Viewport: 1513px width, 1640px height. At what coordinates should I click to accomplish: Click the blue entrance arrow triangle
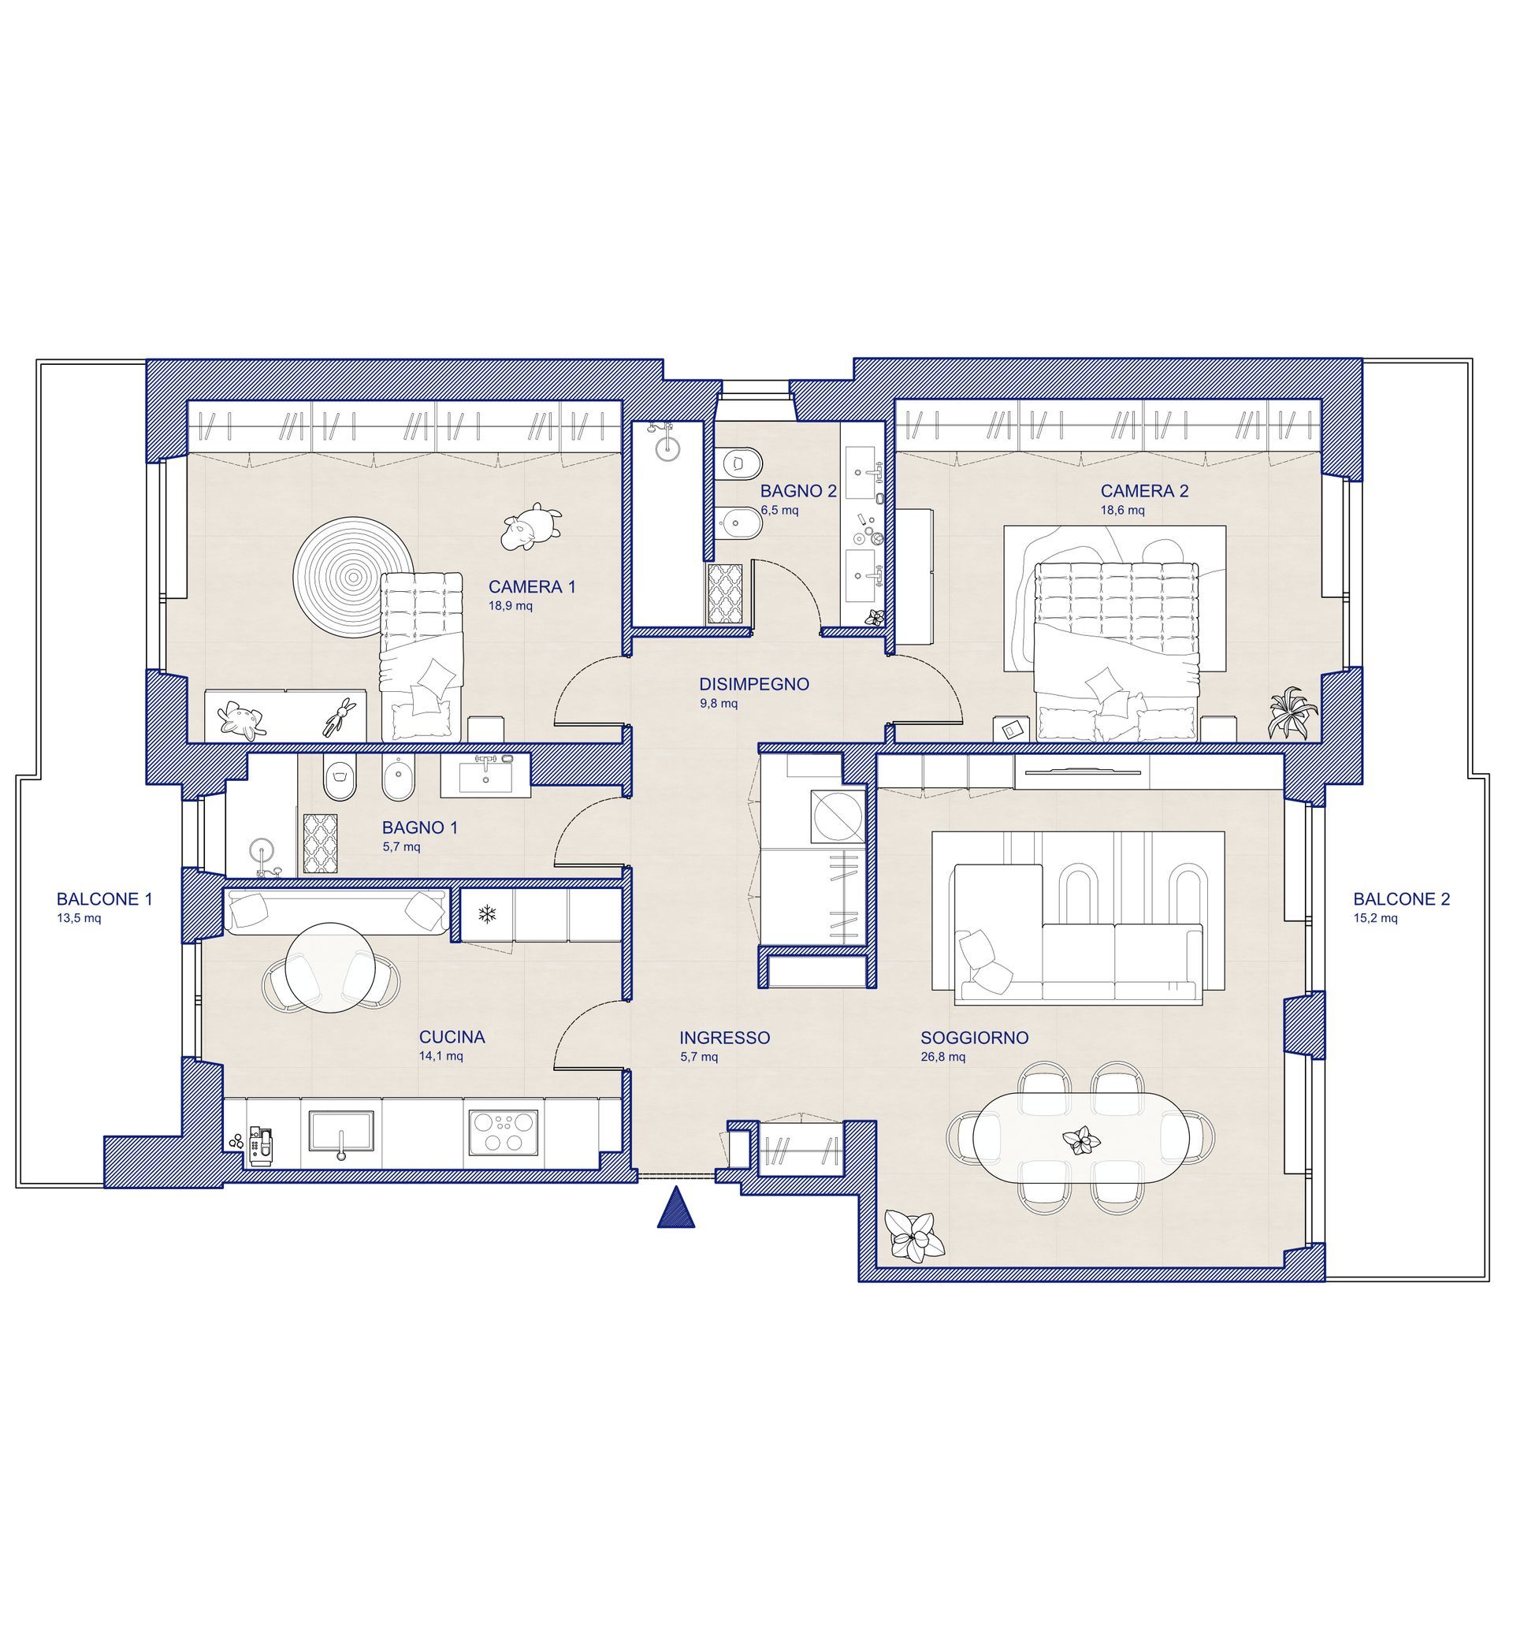pyautogui.click(x=676, y=1208)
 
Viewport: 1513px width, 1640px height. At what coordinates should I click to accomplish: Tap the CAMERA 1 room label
pyautogui.click(x=532, y=586)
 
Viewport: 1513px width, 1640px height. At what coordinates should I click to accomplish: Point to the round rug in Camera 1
pyautogui.click(x=354, y=576)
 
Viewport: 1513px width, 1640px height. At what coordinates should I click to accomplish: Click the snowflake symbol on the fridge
pyautogui.click(x=488, y=913)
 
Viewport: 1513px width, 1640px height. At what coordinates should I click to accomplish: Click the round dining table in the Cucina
pyautogui.click(x=330, y=967)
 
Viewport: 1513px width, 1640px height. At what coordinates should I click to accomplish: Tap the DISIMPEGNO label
pyautogui.click(x=754, y=684)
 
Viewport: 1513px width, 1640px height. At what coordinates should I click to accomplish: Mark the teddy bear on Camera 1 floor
pyautogui.click(x=531, y=526)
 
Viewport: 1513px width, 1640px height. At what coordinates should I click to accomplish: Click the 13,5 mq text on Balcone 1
pyautogui.click(x=79, y=918)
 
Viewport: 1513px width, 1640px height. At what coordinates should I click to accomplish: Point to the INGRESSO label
pyautogui.click(x=724, y=1037)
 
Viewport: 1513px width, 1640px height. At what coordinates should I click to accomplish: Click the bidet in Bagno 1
pyautogui.click(x=399, y=776)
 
